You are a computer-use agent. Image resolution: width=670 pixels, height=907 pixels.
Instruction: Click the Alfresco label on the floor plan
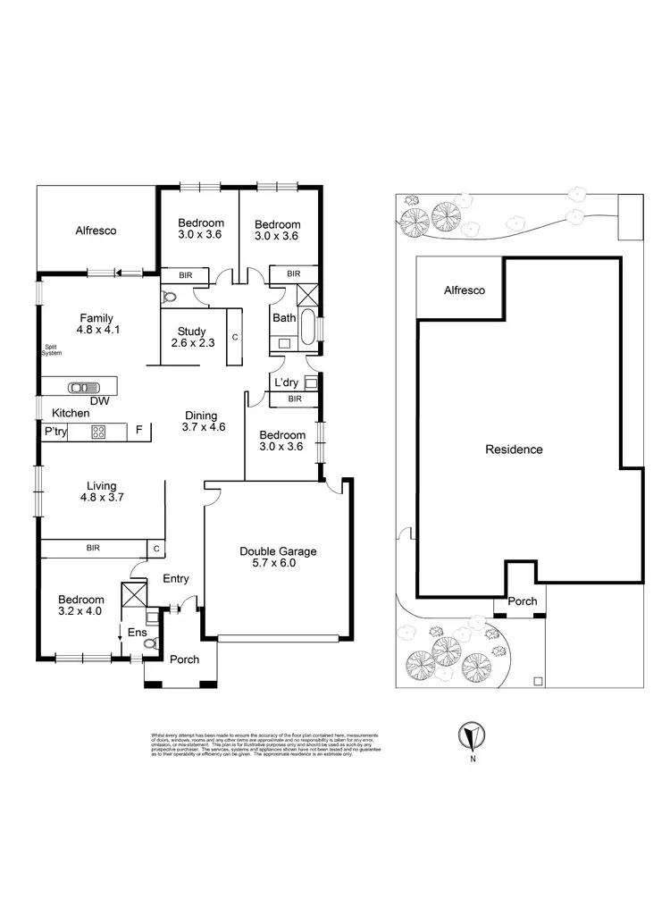(x=96, y=231)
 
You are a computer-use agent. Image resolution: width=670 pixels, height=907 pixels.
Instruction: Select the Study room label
(x=191, y=332)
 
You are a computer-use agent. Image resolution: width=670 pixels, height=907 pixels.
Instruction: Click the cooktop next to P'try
(x=98, y=433)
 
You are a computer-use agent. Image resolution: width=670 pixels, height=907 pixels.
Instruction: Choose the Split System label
(x=51, y=351)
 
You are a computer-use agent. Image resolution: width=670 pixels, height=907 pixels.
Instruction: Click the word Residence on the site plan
(x=514, y=449)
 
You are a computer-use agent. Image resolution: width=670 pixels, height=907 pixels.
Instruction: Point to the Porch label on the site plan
(x=523, y=601)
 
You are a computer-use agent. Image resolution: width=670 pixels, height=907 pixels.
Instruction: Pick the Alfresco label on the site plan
(x=465, y=291)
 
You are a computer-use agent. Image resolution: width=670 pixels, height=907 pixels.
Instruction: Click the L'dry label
(x=286, y=382)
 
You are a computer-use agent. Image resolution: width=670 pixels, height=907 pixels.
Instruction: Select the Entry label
(x=176, y=579)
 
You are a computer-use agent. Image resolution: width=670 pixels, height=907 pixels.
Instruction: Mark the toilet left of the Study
(x=169, y=298)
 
